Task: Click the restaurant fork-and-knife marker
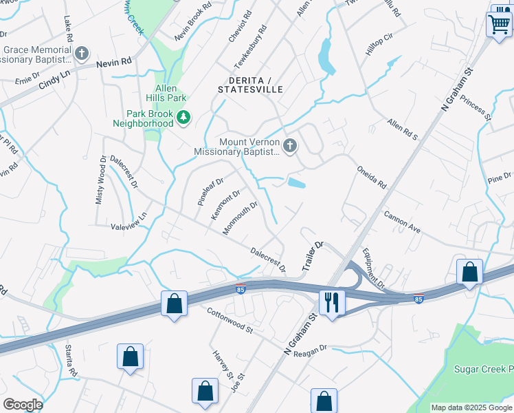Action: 333,301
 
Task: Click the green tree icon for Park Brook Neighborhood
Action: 183,118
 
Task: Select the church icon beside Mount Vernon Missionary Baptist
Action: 290,145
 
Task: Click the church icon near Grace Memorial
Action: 81,53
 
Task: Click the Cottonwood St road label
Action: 230,321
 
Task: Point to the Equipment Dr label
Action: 375,268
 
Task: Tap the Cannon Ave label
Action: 402,222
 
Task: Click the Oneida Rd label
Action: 372,177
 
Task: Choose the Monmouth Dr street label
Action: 239,218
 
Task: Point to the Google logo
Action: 23,405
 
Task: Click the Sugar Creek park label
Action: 483,369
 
